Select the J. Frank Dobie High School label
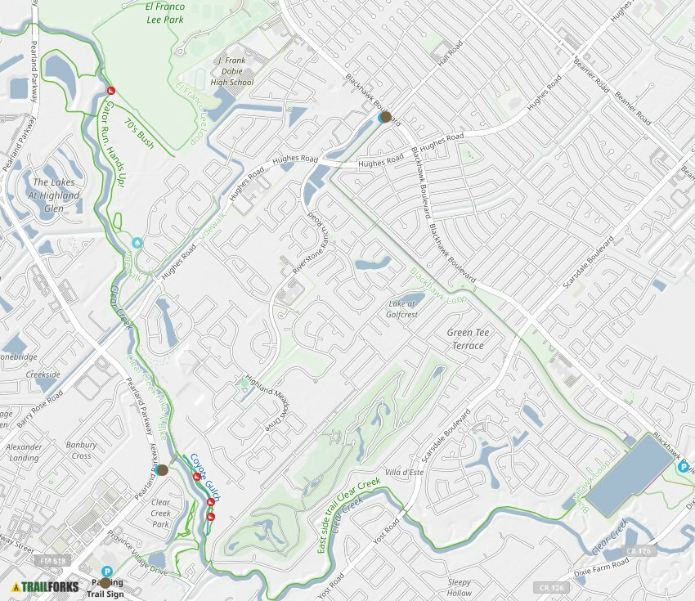(x=231, y=71)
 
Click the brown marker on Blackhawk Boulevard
(x=386, y=117)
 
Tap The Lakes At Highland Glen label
(x=56, y=195)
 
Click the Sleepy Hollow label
(x=460, y=588)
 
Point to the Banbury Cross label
(x=82, y=451)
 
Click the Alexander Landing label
(x=24, y=452)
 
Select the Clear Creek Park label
(x=161, y=513)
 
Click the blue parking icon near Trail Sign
(x=106, y=572)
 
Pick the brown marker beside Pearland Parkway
(x=162, y=470)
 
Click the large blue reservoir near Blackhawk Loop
(x=630, y=474)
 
